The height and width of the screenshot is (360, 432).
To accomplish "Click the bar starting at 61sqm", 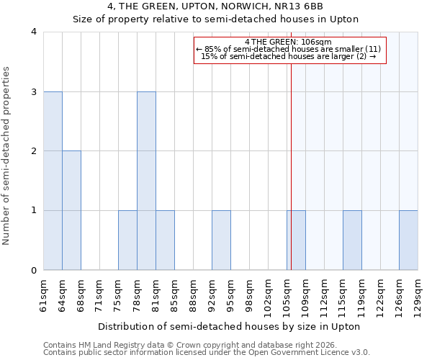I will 53,181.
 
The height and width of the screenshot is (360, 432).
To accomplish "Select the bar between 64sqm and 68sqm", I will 71,210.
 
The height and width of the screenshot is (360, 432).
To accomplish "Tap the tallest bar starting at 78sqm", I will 146,181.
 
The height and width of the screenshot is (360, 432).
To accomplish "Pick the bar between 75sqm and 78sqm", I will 127,240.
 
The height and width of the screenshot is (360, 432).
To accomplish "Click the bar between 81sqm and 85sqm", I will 165,240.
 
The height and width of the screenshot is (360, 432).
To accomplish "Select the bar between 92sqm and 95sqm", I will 221,240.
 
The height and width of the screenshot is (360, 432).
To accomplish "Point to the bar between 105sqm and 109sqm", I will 296,240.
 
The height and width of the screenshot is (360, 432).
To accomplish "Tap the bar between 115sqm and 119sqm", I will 352,240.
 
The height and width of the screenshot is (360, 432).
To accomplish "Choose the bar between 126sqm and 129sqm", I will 408,240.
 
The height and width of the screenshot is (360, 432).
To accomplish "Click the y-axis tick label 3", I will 33,91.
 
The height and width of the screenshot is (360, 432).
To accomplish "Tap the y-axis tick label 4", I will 33,32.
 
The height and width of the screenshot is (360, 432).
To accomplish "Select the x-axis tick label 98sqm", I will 249,294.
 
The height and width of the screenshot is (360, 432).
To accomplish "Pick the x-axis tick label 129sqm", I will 418,294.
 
